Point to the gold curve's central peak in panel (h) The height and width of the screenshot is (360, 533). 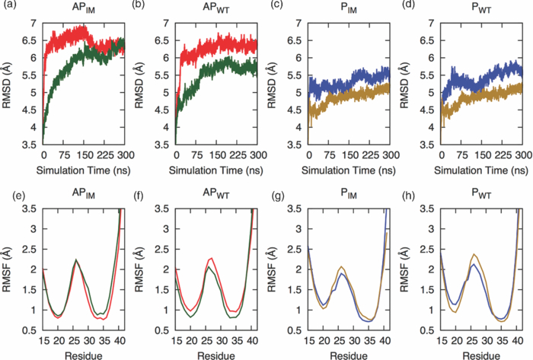pyautogui.click(x=475, y=254)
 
